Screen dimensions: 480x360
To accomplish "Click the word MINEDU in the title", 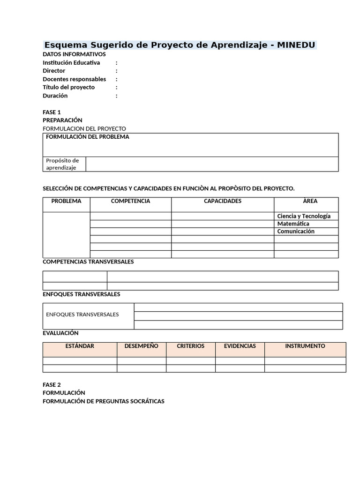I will click(x=296, y=45).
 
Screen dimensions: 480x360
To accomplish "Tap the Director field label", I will click(x=54, y=71).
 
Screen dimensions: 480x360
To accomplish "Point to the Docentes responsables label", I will click(x=74, y=79).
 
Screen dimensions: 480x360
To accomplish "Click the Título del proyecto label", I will click(x=68, y=87).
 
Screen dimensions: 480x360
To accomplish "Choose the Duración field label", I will click(x=55, y=96).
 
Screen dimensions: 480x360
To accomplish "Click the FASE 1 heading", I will click(x=52, y=112).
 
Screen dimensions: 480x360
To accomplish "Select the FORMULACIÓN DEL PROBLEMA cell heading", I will click(x=87, y=137).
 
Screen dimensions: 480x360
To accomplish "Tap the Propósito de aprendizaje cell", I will click(x=62, y=164).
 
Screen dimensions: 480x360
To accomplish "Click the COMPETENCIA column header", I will click(x=130, y=201).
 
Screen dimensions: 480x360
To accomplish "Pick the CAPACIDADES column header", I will click(x=223, y=201).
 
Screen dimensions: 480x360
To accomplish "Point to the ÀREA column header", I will click(x=310, y=201).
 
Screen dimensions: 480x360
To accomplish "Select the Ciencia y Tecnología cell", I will click(x=304, y=216).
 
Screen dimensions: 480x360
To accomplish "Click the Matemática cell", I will click(x=293, y=224).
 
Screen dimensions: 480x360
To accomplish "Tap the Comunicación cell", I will click(x=296, y=231).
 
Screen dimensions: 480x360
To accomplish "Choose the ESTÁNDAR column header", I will click(x=80, y=346).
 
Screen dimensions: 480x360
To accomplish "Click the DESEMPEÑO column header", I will click(x=141, y=346).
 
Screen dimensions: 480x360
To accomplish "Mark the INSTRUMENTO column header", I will click(x=305, y=346).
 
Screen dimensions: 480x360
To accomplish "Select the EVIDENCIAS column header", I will click(x=240, y=346).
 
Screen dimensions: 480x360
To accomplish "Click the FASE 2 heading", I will click(x=52, y=384).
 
